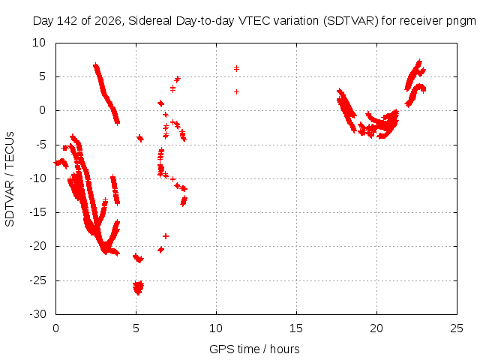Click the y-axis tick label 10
(39, 43)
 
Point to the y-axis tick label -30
(37, 314)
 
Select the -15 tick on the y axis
(37, 212)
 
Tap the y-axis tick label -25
(37, 280)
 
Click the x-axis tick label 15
(296, 328)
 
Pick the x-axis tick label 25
(457, 328)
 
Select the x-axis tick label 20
(376, 328)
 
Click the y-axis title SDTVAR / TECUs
(10, 179)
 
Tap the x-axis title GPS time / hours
(254, 349)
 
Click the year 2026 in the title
(109, 21)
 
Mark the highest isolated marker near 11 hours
(236, 68)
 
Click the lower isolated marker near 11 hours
(236, 91)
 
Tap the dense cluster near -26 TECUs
(138, 288)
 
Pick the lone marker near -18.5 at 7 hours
(166, 236)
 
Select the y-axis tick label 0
(42, 110)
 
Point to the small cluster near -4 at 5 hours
(140, 138)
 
